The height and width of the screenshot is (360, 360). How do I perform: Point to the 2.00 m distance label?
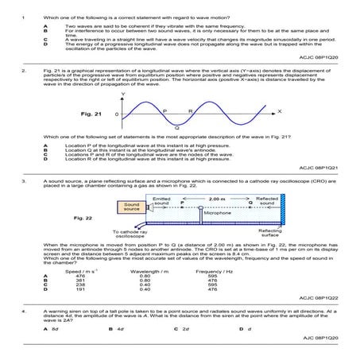215,199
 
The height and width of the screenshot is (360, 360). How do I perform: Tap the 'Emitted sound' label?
162,200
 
